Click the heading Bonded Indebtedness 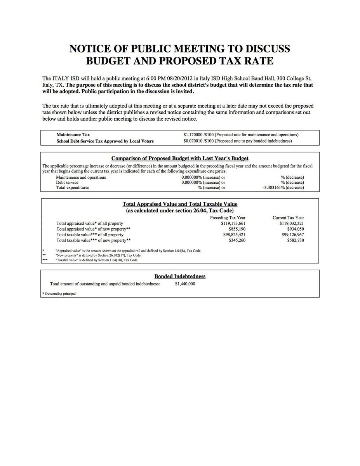[180, 276]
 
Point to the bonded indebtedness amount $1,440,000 [185, 284]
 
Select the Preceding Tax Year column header [228, 218]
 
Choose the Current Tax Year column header [288, 218]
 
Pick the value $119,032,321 [292, 224]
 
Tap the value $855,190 [237, 229]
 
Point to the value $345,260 [237, 240]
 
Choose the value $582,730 [295, 240]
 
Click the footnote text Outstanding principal [60, 294]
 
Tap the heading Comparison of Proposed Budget [180, 158]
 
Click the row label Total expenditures [73, 188]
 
